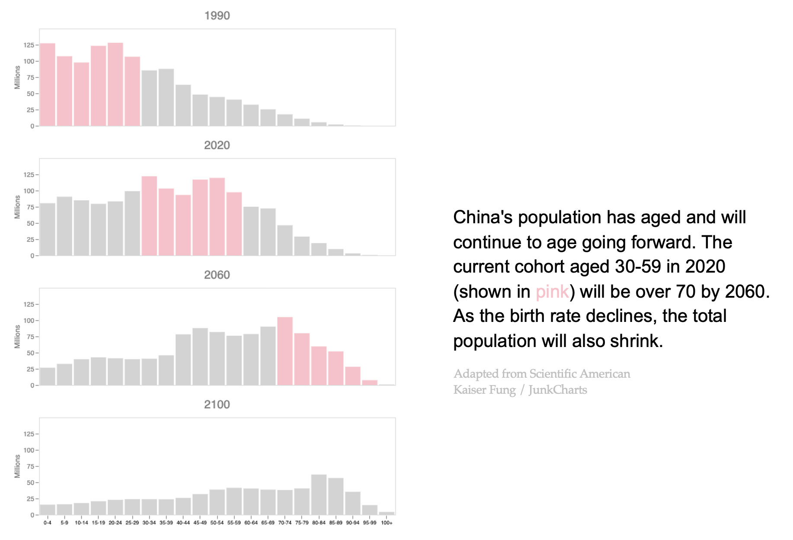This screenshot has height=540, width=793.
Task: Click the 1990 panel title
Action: tap(217, 16)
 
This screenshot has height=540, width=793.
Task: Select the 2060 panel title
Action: tap(217, 275)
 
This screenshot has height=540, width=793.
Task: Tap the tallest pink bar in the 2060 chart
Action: tap(285, 351)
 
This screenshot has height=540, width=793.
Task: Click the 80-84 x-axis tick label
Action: tap(319, 523)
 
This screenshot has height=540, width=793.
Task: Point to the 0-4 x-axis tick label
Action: tap(48, 523)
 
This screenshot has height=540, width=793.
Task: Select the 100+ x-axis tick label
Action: tap(387, 523)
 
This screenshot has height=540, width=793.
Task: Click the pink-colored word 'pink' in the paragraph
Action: tap(552, 292)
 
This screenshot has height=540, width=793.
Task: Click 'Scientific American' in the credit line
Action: tap(580, 374)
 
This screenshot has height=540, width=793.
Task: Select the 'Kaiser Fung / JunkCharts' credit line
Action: tap(520, 390)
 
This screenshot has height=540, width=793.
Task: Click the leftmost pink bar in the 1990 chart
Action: tap(48, 85)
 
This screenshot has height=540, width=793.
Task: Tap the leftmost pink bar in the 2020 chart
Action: tap(149, 216)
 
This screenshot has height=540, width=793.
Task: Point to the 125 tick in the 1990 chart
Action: tap(29, 45)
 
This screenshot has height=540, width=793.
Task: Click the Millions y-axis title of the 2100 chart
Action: tap(17, 466)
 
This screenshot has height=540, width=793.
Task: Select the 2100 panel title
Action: tap(217, 405)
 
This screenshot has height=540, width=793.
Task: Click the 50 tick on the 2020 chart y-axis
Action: tap(30, 223)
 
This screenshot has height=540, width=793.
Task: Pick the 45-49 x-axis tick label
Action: tap(200, 523)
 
